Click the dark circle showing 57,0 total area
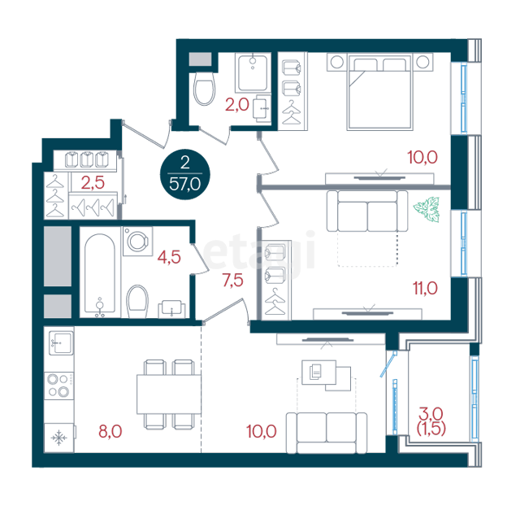(x=185, y=174)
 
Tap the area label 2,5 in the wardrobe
(x=93, y=183)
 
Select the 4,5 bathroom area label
(x=169, y=257)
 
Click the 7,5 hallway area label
(x=233, y=281)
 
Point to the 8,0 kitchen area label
(x=110, y=431)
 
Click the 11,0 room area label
(x=425, y=288)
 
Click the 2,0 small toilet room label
(x=237, y=105)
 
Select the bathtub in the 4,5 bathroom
(x=100, y=275)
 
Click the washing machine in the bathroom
(x=137, y=241)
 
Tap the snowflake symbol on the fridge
(x=59, y=438)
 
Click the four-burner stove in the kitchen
(x=59, y=386)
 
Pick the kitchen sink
(x=61, y=343)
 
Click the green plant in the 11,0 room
(x=427, y=209)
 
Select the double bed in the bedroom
(x=379, y=92)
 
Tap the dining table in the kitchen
(x=169, y=394)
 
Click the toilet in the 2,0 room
(x=204, y=89)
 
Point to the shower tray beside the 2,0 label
(x=253, y=72)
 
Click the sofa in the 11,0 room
(x=367, y=211)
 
